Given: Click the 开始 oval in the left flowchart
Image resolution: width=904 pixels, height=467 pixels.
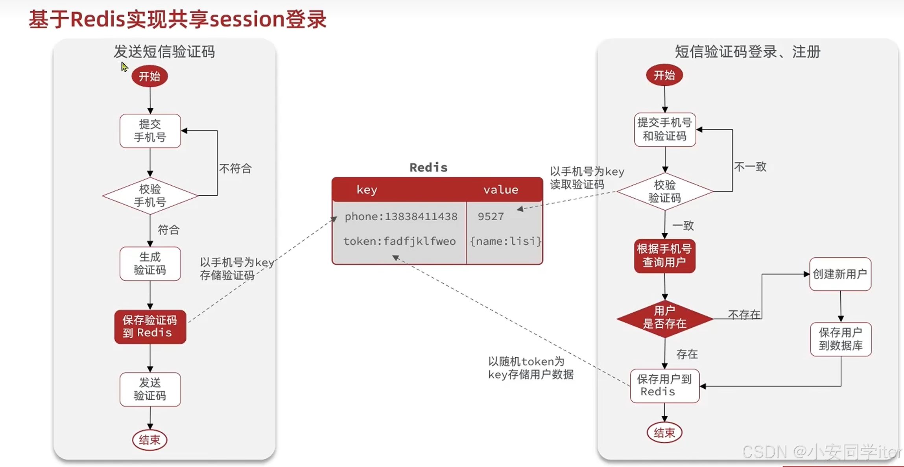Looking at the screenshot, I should click(x=149, y=76).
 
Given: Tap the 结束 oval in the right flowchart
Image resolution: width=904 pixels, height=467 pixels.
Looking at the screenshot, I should click(x=664, y=433).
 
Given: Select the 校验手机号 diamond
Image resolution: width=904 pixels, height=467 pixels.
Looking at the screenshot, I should click(x=150, y=196).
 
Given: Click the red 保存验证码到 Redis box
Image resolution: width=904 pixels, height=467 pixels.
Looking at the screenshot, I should click(x=150, y=327).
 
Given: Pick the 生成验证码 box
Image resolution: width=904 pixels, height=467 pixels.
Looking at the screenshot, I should click(x=150, y=264).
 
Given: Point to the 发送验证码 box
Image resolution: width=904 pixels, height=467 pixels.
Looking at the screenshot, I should click(x=150, y=389).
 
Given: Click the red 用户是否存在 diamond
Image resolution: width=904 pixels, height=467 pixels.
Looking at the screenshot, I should click(x=664, y=317).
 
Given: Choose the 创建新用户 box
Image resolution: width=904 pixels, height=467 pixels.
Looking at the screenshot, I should click(x=840, y=274).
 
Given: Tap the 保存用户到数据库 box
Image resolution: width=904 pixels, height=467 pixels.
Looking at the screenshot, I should click(x=841, y=339).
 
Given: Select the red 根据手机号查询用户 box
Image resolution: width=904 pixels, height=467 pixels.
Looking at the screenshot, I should click(x=664, y=256).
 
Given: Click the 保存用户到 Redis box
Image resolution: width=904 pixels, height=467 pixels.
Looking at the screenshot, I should click(x=664, y=386).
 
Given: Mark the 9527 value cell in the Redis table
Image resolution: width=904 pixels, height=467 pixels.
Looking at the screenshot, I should click(x=491, y=217).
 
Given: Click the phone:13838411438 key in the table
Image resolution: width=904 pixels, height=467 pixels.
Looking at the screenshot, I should click(x=401, y=217).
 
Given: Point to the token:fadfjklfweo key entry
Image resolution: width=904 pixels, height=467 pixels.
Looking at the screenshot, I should click(x=399, y=241).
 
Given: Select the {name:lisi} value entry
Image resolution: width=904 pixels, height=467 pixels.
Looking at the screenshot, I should click(x=506, y=241).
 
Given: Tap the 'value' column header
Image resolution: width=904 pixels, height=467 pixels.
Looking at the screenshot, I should click(x=500, y=190).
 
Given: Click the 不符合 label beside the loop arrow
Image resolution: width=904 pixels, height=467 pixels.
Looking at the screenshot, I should click(x=235, y=169).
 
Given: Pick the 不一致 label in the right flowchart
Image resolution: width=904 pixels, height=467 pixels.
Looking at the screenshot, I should click(x=750, y=167).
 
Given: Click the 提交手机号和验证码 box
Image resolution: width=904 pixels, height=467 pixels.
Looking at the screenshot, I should click(x=664, y=129).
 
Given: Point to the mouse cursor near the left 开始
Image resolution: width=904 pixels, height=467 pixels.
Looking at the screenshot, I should click(x=124, y=67).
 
